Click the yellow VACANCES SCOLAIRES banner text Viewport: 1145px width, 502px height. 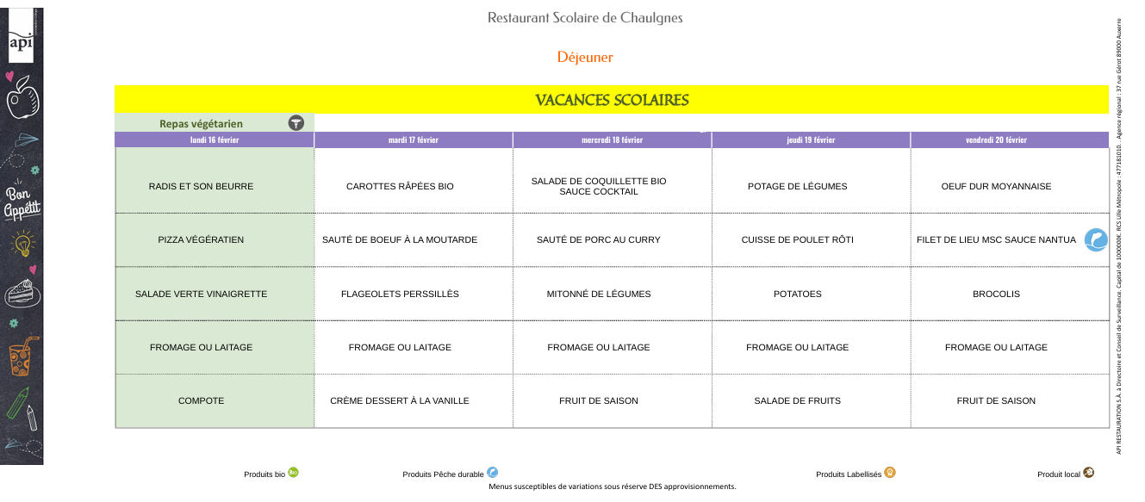(x=612, y=100)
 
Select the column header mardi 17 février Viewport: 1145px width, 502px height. (x=414, y=140)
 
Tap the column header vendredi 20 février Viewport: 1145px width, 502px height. (x=1009, y=140)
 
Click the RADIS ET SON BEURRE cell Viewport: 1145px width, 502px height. (x=201, y=186)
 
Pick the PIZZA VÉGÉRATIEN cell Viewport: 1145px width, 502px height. (x=201, y=239)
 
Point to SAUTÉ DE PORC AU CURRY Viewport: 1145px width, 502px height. (x=598, y=239)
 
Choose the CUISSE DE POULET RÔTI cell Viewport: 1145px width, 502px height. (x=797, y=239)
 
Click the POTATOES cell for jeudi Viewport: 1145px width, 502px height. (x=797, y=294)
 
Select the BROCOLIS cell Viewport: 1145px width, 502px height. (x=996, y=294)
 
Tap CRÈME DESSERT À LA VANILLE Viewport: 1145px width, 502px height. (x=400, y=400)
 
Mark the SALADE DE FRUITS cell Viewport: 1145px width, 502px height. (x=797, y=400)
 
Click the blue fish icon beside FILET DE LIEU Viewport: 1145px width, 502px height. (x=1095, y=239)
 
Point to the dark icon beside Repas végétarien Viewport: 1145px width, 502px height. (x=296, y=123)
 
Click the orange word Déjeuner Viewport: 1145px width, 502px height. (x=585, y=58)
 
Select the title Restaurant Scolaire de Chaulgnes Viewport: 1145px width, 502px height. (x=585, y=18)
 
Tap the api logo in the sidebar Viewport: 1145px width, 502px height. (x=21, y=42)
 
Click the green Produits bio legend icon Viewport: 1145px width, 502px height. (x=293, y=472)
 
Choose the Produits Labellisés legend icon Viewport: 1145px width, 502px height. (x=889, y=472)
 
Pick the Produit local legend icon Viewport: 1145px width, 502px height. (x=1088, y=473)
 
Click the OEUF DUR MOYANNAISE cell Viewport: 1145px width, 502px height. (x=996, y=186)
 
